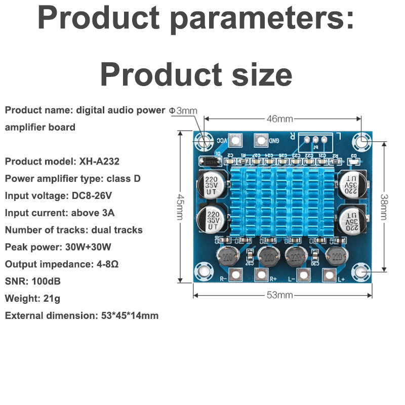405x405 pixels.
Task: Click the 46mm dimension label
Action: click(279, 119)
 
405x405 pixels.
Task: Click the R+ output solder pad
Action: click(261, 275)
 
